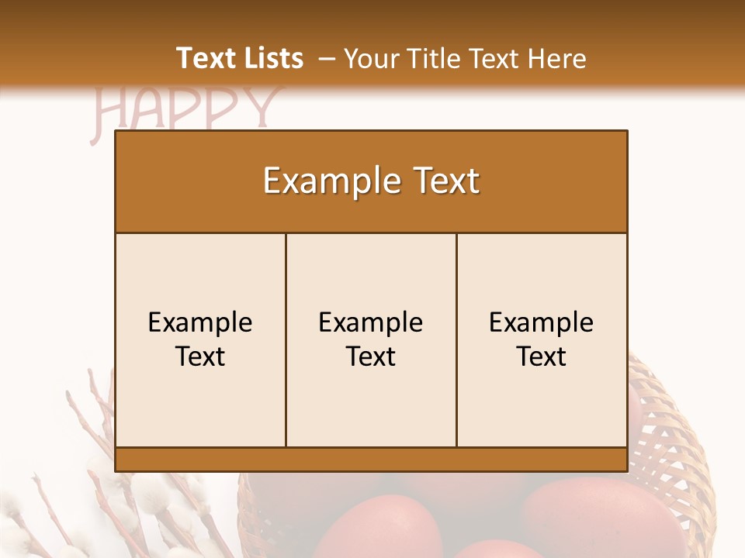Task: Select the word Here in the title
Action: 556,58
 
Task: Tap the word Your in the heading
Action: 367,58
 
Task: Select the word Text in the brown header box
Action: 449,181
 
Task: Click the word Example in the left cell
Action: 200,322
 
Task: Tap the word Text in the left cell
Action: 200,356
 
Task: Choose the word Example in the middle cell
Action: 371,322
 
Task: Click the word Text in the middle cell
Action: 371,356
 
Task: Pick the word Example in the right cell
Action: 541,322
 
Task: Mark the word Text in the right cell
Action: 541,356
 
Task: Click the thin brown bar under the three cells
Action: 371,459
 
